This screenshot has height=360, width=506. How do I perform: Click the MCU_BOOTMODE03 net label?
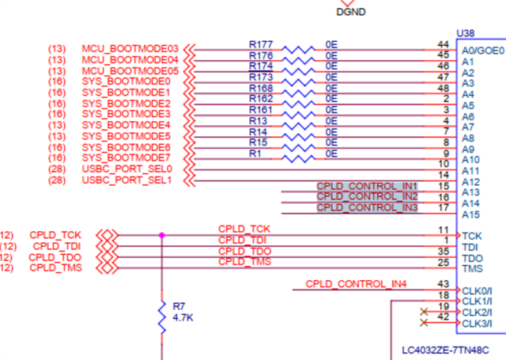(x=130, y=48)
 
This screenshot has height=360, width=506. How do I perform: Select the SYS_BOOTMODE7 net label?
(x=126, y=158)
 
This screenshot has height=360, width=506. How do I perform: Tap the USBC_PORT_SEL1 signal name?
(x=126, y=180)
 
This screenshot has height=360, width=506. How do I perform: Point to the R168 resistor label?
(x=260, y=88)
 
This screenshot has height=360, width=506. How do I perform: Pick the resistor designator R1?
(x=255, y=153)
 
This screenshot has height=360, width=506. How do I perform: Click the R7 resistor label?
(x=178, y=305)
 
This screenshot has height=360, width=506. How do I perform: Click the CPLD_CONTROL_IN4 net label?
(x=356, y=284)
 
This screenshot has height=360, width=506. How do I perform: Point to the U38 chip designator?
(x=466, y=34)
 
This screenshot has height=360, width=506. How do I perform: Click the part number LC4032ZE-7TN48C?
(x=446, y=349)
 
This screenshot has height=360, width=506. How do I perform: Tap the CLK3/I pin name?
(x=477, y=324)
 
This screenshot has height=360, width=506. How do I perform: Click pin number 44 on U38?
(x=443, y=44)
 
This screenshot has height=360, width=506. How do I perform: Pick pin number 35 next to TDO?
(x=443, y=252)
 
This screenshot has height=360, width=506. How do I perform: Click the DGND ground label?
(x=351, y=12)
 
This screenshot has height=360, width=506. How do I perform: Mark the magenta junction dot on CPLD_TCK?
(x=162, y=235)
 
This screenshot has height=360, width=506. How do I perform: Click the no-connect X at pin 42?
(x=425, y=323)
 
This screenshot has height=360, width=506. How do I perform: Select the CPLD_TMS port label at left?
(x=55, y=268)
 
